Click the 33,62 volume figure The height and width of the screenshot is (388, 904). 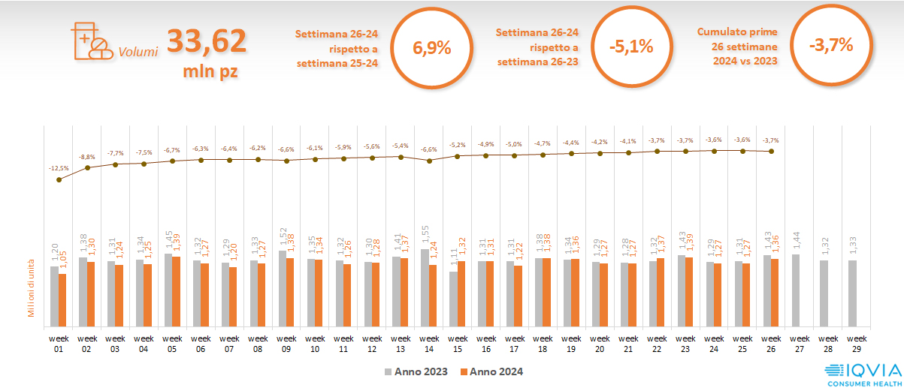(207, 41)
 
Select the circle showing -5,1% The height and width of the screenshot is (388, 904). (632, 47)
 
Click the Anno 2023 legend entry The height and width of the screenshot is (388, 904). (417, 371)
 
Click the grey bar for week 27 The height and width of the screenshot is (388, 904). (796, 290)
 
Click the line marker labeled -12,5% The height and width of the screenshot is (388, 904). (59, 179)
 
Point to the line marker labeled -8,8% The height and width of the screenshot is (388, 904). (87, 167)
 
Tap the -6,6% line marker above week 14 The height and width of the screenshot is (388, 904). (429, 161)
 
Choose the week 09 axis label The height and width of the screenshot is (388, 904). (286, 342)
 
